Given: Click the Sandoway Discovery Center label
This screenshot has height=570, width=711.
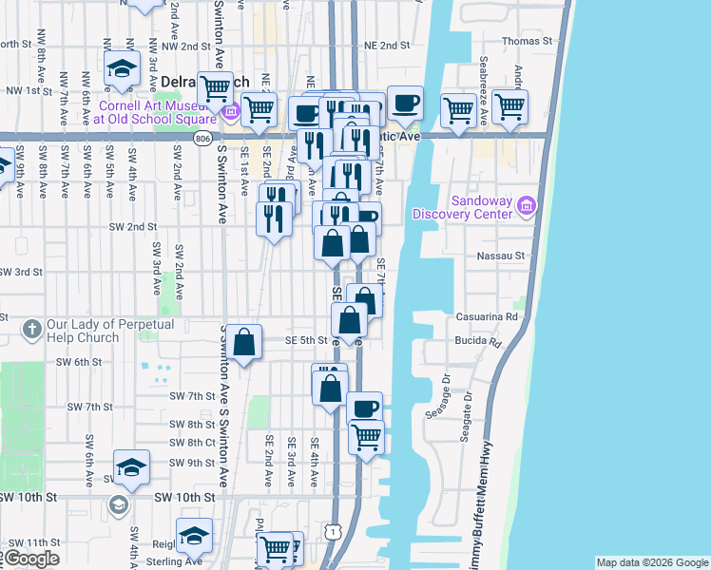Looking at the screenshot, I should click(x=468, y=207).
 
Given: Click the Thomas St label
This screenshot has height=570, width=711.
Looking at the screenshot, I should click(x=527, y=41).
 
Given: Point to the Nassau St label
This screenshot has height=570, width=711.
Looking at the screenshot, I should click(x=506, y=256).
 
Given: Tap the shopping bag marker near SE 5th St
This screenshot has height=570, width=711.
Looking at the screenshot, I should click(x=244, y=341).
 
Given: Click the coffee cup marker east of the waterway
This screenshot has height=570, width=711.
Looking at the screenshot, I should click(x=405, y=103).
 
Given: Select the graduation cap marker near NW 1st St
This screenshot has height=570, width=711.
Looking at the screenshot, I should click(x=123, y=69).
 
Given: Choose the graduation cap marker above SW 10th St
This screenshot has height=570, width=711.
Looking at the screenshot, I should click(x=131, y=466).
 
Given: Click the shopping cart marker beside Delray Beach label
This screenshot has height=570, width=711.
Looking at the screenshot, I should click(x=216, y=89).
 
